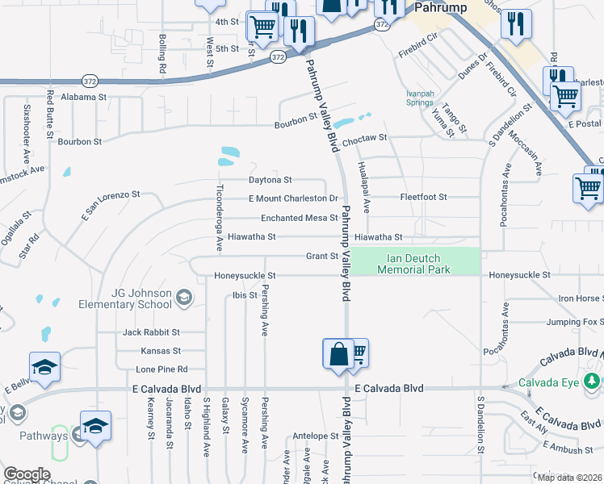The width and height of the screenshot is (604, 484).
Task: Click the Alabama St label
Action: click(83, 97)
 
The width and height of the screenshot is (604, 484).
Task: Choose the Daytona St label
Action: click(270, 180)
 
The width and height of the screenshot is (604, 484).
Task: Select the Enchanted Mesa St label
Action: click(299, 218)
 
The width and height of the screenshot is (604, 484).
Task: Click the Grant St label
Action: click(321, 257)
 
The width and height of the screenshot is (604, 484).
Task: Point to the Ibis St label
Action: click(245, 295)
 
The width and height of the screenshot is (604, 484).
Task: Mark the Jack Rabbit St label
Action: click(152, 332)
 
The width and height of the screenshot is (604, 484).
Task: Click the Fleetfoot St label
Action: click(423, 197)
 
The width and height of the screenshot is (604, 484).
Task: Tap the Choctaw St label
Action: click(364, 139)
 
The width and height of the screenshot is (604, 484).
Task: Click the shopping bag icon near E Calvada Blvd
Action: click(338, 353)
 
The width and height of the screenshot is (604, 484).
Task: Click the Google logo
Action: click(27, 474)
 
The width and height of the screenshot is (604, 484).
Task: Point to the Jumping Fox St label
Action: click(573, 322)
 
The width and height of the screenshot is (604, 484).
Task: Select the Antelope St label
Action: click(315, 436)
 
